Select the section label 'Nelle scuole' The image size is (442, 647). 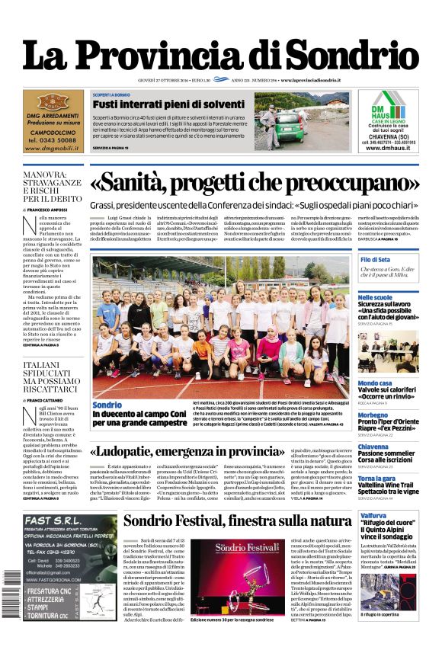[x=375, y=297]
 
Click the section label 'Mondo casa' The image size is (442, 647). [x=375, y=383]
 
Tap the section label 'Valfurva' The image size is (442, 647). [x=373, y=516]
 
